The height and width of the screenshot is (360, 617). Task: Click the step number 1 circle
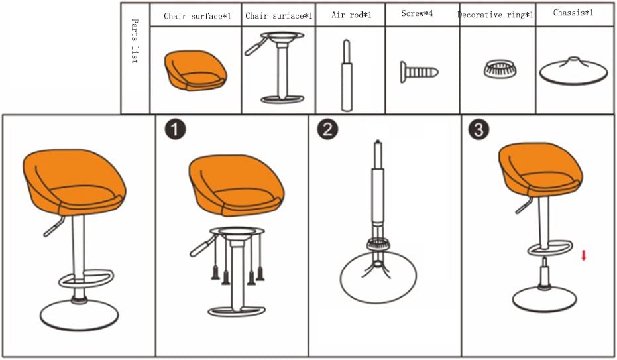[x=175, y=129]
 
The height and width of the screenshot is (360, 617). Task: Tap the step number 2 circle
[x=328, y=129]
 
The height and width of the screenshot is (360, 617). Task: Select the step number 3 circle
[x=479, y=129]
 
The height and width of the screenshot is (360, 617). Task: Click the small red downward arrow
[x=584, y=256]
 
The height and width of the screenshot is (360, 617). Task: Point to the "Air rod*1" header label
[x=351, y=15]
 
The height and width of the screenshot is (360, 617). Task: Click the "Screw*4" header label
[x=417, y=13]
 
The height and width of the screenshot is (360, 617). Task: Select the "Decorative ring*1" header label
[x=496, y=15]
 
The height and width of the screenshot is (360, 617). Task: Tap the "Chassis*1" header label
[x=573, y=13]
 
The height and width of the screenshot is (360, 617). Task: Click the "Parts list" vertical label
[x=135, y=41]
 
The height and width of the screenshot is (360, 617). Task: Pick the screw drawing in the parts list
[x=419, y=72]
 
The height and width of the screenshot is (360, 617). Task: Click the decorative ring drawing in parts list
[x=500, y=69]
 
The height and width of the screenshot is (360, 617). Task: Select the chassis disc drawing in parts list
[x=573, y=71]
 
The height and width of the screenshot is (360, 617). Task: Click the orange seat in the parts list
[x=196, y=70]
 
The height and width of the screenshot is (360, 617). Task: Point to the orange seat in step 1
[x=237, y=186]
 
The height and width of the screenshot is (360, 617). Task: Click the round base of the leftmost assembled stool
[x=79, y=315]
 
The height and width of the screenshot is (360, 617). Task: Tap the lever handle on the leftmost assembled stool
[x=54, y=227]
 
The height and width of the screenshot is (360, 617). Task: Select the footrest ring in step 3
[x=550, y=249]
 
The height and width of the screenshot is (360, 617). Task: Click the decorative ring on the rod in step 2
[x=378, y=245]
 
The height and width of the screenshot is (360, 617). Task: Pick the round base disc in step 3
[x=545, y=300]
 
